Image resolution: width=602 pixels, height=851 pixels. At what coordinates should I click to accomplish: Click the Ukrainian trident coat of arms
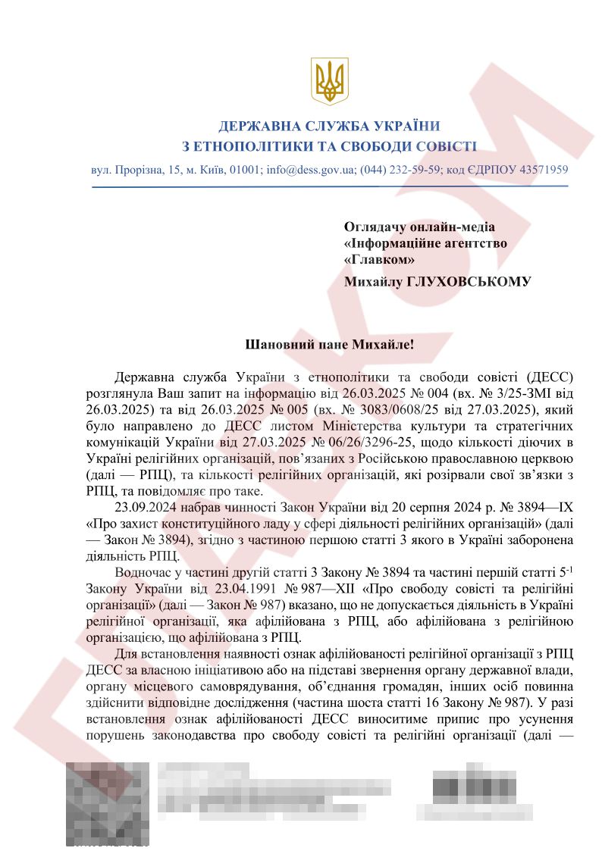point(329,81)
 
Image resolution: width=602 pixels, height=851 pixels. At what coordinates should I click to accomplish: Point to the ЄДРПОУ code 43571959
point(542,170)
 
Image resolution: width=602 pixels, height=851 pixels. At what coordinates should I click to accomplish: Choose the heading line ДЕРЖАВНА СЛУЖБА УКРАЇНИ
point(329,126)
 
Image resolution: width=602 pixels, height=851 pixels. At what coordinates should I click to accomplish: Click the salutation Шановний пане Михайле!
point(329,344)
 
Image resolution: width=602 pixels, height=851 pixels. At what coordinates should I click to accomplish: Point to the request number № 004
point(425,395)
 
